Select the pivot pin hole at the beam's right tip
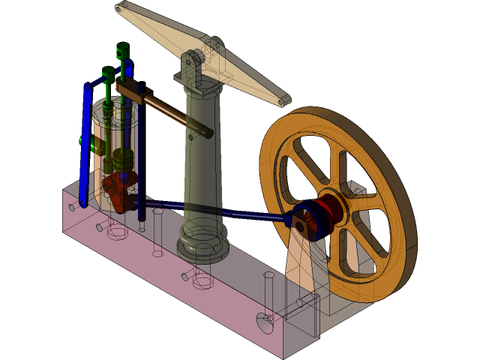(282, 101)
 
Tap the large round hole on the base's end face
(265, 323)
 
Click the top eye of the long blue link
(88, 88)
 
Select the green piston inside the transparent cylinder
(121, 160)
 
